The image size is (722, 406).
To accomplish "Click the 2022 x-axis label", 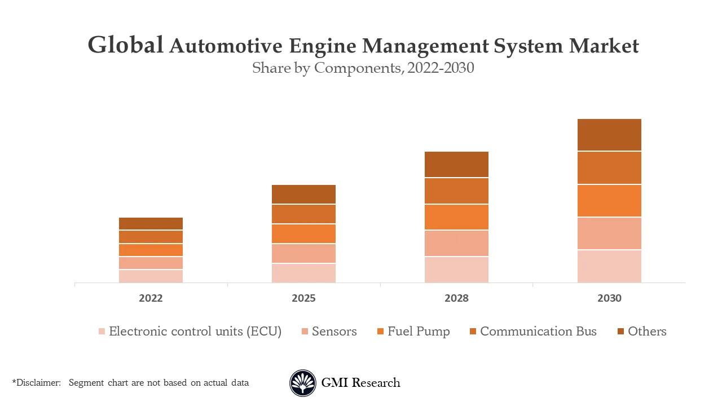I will pos(151,298).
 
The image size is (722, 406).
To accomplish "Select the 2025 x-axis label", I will pos(303,298).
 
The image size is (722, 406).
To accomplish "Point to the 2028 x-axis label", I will pos(456,298).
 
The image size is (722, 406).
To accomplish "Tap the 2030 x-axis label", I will pos(609,298).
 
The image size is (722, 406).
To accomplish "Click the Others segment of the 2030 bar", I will pos(609,135).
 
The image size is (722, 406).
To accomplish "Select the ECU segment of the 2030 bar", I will pos(609,266).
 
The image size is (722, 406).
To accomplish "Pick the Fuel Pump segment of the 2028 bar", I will pos(456,217).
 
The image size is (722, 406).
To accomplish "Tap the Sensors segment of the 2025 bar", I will pos(303,253).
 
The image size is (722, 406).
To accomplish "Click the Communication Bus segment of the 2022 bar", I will pos(151,237).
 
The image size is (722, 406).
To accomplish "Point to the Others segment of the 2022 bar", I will pos(151,223).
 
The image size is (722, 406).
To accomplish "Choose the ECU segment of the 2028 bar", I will pos(456,270).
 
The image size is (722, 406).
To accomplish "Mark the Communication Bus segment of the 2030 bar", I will pos(609,168).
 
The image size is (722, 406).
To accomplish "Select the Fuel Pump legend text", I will pos(419,332).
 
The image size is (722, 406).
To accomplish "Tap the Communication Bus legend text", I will pos(538,332).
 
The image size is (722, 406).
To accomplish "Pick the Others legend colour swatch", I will pos(620,332).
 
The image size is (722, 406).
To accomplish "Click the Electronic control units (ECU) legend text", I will pos(195,332).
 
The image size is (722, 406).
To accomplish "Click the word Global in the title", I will pos(126,46).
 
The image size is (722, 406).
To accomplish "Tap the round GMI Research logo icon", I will pos(303,383).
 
